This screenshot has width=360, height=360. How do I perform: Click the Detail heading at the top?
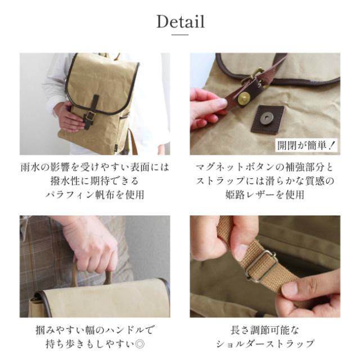click(180, 22)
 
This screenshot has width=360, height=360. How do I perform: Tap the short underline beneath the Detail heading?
click(180, 35)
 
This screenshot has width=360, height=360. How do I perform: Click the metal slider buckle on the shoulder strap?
click(260, 265)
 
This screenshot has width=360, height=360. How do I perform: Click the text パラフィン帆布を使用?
click(94, 195)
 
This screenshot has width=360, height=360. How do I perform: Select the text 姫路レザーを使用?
click(265, 195)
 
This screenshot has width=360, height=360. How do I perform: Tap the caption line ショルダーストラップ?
click(265, 344)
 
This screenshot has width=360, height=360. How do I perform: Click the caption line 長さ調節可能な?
click(265, 330)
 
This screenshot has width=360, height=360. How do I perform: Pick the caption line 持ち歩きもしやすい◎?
click(94, 344)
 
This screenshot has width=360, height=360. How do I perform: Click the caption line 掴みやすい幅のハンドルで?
click(94, 330)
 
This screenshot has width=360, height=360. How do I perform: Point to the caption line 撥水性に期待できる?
click(94, 181)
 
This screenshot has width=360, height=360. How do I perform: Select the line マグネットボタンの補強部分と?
click(265, 167)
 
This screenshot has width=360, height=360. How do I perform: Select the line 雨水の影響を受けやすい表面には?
click(94, 167)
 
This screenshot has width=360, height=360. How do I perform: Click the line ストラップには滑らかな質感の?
click(265, 181)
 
